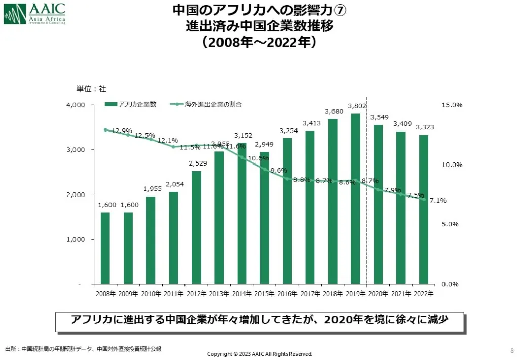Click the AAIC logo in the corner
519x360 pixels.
tap(34, 14)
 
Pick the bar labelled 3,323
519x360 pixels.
tap(424, 209)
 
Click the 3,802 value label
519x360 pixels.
tap(355, 106)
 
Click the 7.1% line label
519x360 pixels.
tap(437, 200)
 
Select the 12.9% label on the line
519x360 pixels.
tap(121, 131)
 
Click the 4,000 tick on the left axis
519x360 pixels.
tap(76, 105)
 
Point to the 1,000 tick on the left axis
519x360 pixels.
tap(76, 239)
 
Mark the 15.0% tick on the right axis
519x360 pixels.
tap(452, 105)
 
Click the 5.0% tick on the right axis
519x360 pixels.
tap(450, 224)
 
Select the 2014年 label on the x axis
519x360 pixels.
tap(242, 293)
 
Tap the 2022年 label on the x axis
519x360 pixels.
tap(424, 293)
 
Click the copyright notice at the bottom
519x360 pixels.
tap(259, 353)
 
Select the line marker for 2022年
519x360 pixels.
tap(424, 199)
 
